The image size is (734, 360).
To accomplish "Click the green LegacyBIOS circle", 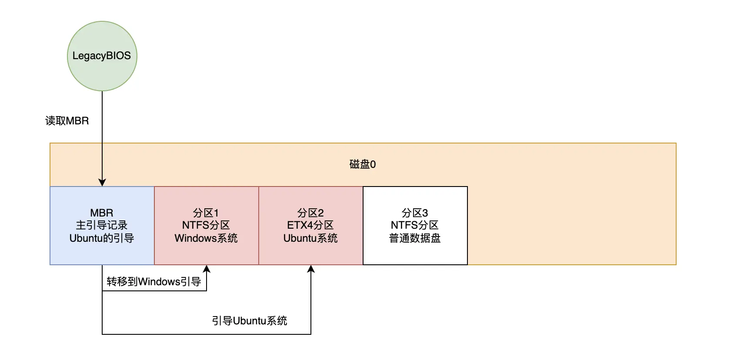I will tap(102, 56).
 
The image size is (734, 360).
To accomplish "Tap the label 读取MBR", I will tap(67, 121).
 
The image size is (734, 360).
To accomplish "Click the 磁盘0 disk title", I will tap(363, 164).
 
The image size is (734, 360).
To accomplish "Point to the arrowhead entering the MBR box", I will tap(102, 183).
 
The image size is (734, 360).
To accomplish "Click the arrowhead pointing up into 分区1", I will tap(207, 269).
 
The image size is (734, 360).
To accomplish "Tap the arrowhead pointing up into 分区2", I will tap(311, 269).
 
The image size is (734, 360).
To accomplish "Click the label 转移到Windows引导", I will tap(154, 282).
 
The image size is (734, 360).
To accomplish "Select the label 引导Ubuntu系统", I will tap(250, 321).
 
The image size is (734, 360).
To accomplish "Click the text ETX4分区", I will tap(310, 225).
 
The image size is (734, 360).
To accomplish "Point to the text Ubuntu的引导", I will tap(102, 238).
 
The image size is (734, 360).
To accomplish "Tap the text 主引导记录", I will tap(102, 225).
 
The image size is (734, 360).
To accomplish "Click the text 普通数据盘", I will tap(415, 238).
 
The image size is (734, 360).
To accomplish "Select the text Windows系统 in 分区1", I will tap(206, 238).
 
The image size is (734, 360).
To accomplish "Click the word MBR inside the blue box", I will tap(102, 213).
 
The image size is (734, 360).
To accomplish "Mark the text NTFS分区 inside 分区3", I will tap(415, 225).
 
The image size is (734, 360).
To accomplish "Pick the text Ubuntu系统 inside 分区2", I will tap(310, 238).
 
